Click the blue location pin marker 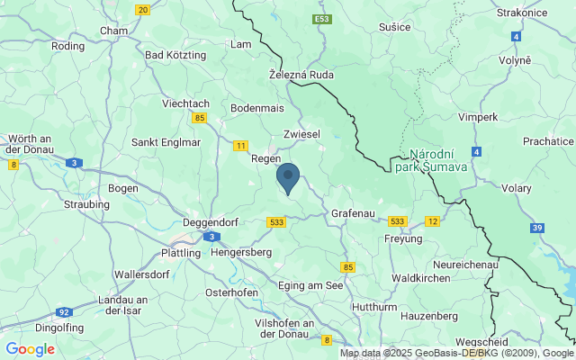288,177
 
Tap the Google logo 30,349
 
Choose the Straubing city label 87,204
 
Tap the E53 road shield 322,19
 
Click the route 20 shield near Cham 143,10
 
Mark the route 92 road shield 63,312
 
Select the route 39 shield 537,229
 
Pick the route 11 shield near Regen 240,145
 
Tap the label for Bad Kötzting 175,55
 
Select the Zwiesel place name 301,133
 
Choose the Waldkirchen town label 420,278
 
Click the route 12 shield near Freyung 433,221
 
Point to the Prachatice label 549,141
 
